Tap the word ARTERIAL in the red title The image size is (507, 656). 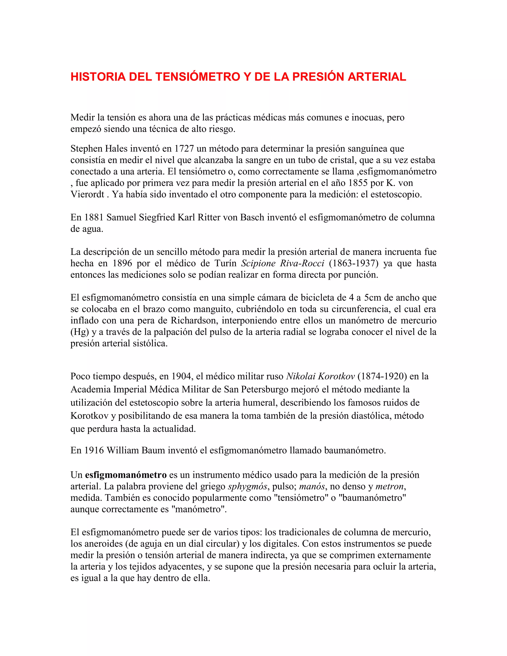click(377, 77)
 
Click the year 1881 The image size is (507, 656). click(94, 217)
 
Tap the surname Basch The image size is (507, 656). click(253, 217)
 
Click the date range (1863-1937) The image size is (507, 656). click(354, 263)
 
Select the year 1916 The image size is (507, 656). click(94, 450)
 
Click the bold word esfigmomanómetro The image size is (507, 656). click(126, 475)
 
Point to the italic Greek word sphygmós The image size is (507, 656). click(248, 486)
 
